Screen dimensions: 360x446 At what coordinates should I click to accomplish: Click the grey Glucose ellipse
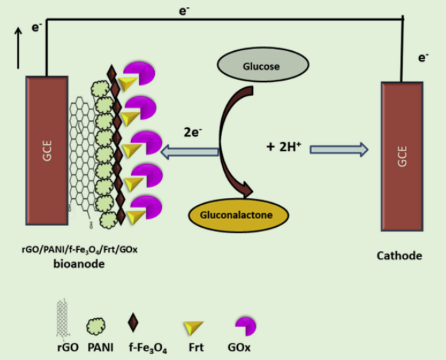(263, 65)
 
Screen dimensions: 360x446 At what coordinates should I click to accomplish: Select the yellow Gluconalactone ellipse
(238, 214)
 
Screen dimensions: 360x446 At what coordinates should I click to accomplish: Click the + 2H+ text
(283, 147)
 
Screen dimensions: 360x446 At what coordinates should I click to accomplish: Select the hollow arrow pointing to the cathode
(339, 149)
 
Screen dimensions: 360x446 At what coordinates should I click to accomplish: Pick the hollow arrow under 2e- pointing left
(189, 151)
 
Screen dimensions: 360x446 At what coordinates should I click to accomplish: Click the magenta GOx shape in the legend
(246, 326)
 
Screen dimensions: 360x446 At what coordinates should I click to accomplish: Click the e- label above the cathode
(424, 56)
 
